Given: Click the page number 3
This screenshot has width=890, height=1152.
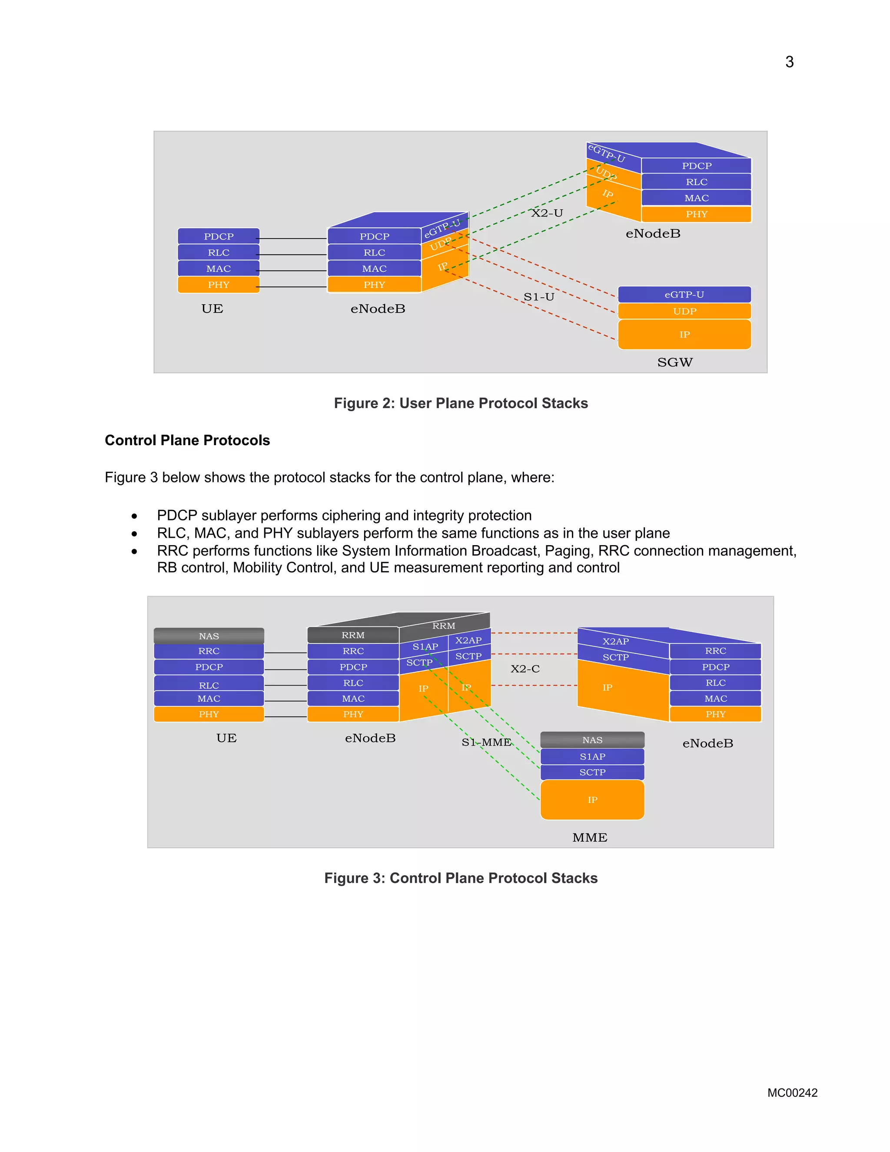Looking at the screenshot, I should coord(789,62).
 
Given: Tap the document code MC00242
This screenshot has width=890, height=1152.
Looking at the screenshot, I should coord(792,1092).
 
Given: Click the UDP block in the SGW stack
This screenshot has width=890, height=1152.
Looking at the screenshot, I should coord(684,311).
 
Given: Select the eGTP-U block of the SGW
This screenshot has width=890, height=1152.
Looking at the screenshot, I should coord(684,294).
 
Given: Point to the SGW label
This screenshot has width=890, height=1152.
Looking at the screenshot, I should coord(674,363).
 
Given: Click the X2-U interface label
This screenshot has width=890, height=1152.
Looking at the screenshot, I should coord(547,213).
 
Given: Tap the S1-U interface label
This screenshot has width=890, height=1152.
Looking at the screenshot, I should coord(538,297).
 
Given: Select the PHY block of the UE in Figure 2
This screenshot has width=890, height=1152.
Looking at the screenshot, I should coord(218,285).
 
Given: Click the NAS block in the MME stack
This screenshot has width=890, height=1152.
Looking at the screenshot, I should coord(592,740).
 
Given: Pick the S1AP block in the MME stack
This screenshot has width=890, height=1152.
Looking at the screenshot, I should coord(592,756).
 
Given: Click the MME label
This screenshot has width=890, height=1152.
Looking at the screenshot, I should coord(589,838).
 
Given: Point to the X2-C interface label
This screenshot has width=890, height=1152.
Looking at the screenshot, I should coord(525,669).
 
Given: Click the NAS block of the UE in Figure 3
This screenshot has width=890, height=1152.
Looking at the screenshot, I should coord(209,636).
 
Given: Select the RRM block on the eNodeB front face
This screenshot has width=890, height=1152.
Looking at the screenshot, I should coord(353,635).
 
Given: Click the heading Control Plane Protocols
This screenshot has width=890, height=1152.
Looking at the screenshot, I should coord(187,440).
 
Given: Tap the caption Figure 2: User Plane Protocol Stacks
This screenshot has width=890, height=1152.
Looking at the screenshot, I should coord(460,403).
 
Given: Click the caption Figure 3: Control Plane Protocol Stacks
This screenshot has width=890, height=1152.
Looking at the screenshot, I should coord(460,878).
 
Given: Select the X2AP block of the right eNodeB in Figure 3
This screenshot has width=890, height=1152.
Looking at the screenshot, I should coord(615,641).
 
